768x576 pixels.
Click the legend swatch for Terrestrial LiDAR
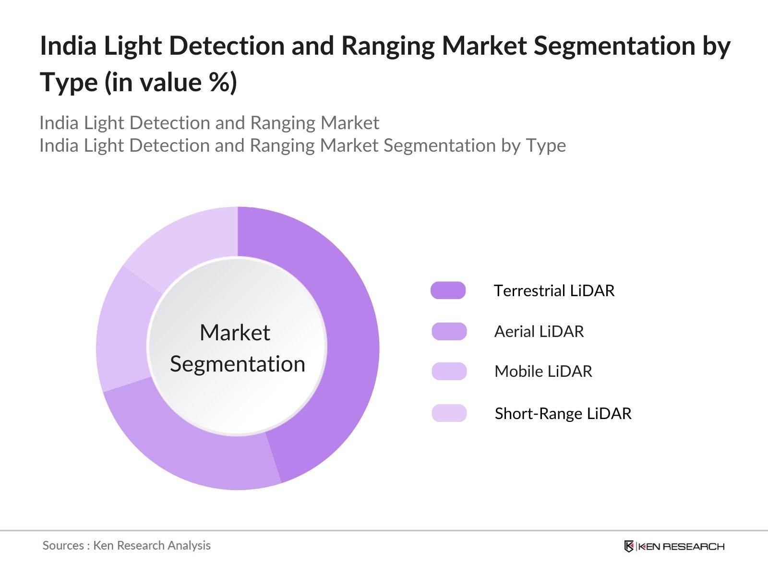point(448,290)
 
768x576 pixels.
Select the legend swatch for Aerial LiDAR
point(449,331)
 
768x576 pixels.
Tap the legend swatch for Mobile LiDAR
point(449,371)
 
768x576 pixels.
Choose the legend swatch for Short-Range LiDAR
point(449,413)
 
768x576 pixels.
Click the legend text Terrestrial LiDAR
point(554,290)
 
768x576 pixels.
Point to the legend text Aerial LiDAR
point(539,331)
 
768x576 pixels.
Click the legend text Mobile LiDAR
point(543,371)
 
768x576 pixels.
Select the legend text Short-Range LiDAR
point(563,413)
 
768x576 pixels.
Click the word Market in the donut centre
point(235,333)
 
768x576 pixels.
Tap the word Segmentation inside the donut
point(238,364)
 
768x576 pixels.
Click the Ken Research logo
point(674,546)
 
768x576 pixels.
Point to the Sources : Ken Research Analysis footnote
point(126,545)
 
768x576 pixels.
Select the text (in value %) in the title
point(171,82)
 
